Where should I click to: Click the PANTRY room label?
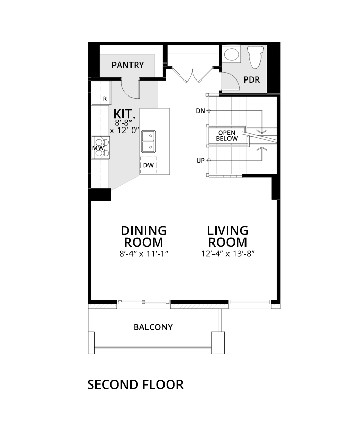point(127,65)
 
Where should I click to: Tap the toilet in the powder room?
point(255,57)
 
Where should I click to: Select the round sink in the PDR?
point(232,54)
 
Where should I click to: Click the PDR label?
point(252,80)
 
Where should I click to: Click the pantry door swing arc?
point(128,92)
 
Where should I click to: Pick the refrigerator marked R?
point(101,93)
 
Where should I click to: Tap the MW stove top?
point(101,148)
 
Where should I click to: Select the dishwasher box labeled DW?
point(149,165)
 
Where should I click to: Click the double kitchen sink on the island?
point(149,141)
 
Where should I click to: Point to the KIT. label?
point(124,114)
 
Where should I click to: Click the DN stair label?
point(201,111)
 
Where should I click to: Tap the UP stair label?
point(201,161)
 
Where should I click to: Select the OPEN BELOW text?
point(226,136)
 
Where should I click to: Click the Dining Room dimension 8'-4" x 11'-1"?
point(144,254)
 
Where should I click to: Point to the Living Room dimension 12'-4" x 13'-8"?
point(228,254)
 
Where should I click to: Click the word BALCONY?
point(153,327)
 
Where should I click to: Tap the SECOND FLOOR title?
point(135,384)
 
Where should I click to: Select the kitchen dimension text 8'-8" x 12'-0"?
point(124,126)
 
